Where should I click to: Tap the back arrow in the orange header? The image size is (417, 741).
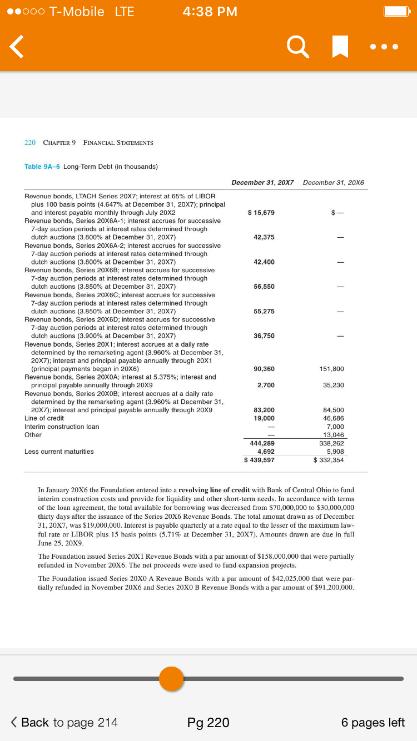point(17,47)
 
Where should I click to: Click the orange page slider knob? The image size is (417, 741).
point(171,678)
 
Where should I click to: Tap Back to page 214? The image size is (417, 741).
point(64,722)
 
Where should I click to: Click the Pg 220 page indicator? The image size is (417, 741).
point(208,722)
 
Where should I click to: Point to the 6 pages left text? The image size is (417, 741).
point(373,722)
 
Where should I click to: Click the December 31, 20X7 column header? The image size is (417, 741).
point(262,183)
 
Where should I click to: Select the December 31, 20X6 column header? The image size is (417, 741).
point(334,183)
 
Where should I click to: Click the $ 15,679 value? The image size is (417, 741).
point(260,213)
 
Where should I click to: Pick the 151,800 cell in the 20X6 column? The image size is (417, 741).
point(332,369)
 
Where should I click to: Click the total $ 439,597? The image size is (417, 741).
point(259,460)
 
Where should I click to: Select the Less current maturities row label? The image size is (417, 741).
point(59,452)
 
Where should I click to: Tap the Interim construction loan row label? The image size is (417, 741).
point(62,427)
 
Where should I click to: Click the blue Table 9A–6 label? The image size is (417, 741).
point(42,167)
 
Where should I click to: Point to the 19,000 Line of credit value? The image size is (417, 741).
point(264,418)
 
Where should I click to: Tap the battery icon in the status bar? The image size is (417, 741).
point(396,12)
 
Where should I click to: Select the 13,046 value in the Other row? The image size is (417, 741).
point(334,435)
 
